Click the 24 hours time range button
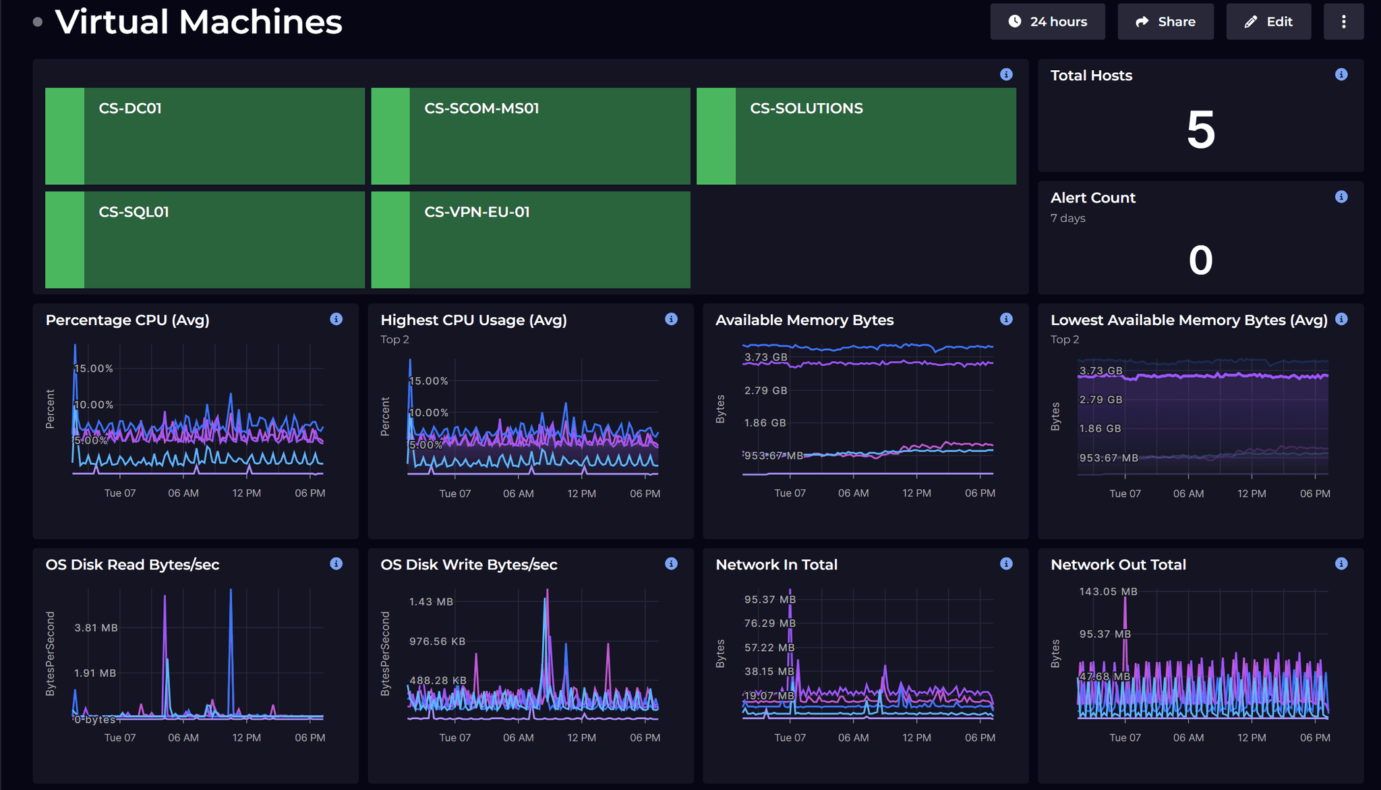point(1047,22)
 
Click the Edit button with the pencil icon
point(1268,22)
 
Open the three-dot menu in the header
point(1343,22)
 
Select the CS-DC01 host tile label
point(130,109)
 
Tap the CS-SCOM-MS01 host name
point(481,109)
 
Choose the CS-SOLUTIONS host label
point(806,109)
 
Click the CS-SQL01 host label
point(134,212)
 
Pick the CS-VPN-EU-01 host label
point(477,212)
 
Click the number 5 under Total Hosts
point(1200,130)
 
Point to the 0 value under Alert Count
point(1200,260)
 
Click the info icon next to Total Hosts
point(1341,75)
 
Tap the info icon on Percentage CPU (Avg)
point(336,319)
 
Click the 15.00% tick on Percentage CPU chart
point(94,368)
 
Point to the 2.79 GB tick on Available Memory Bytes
point(765,391)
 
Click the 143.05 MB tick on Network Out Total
point(1108,592)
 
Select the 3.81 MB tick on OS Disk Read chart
point(96,627)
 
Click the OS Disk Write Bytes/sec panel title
point(469,565)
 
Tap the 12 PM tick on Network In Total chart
point(916,737)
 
